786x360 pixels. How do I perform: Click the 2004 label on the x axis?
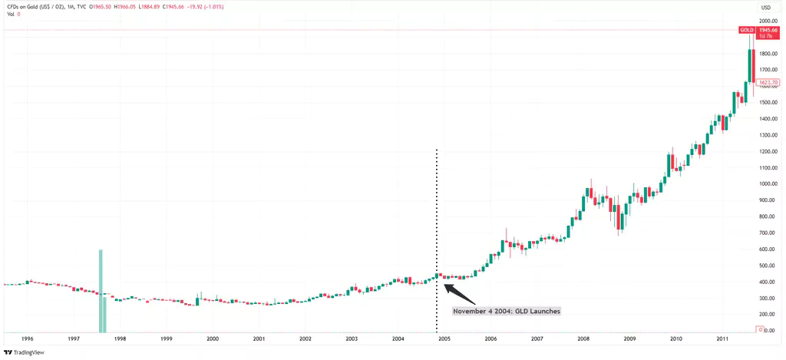click(398, 338)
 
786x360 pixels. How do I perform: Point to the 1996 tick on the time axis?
click(27, 338)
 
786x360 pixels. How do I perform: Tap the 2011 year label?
click(722, 338)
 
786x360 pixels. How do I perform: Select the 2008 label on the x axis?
click(583, 338)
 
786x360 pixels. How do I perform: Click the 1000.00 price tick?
click(767, 184)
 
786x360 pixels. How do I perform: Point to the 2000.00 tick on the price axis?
click(767, 21)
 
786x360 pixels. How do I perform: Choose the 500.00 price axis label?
click(767, 266)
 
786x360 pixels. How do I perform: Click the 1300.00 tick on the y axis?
click(767, 135)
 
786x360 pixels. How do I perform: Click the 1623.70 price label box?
click(768, 82)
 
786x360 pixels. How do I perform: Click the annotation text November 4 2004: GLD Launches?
click(507, 312)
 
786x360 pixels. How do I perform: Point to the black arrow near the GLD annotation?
click(461, 295)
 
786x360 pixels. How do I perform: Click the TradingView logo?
click(24, 352)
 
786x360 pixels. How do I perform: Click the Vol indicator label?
click(9, 15)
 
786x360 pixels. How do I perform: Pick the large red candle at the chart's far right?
click(754, 65)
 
